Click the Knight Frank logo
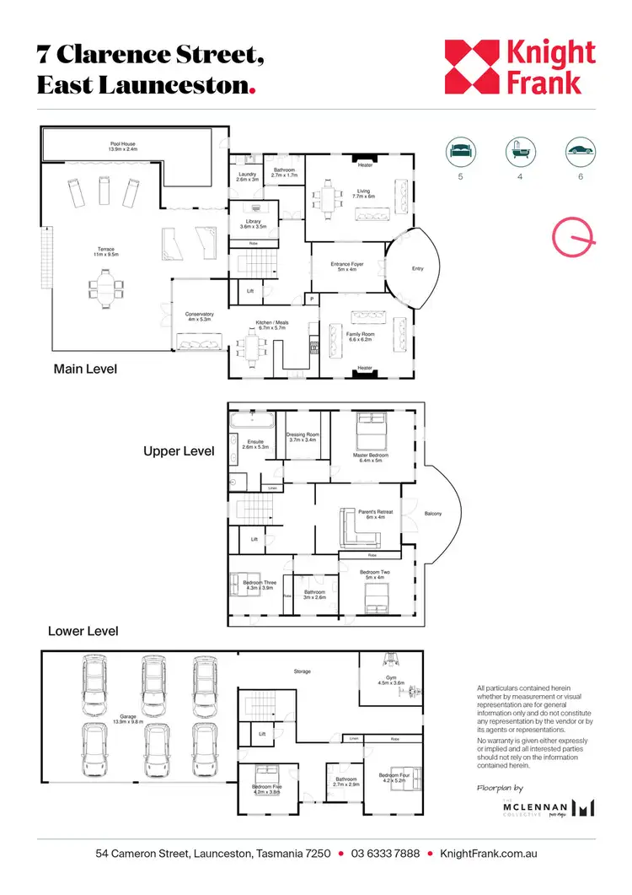point(520,67)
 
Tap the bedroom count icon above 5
point(459,152)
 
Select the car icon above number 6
point(580,152)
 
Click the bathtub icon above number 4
point(519,152)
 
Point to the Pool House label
point(123,147)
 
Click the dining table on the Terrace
point(104,288)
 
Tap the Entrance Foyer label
point(346,267)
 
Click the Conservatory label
point(200,317)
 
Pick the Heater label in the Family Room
point(365,368)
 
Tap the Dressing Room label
point(303,437)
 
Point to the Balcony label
point(433,514)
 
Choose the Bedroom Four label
point(393,778)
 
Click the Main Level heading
point(85,369)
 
